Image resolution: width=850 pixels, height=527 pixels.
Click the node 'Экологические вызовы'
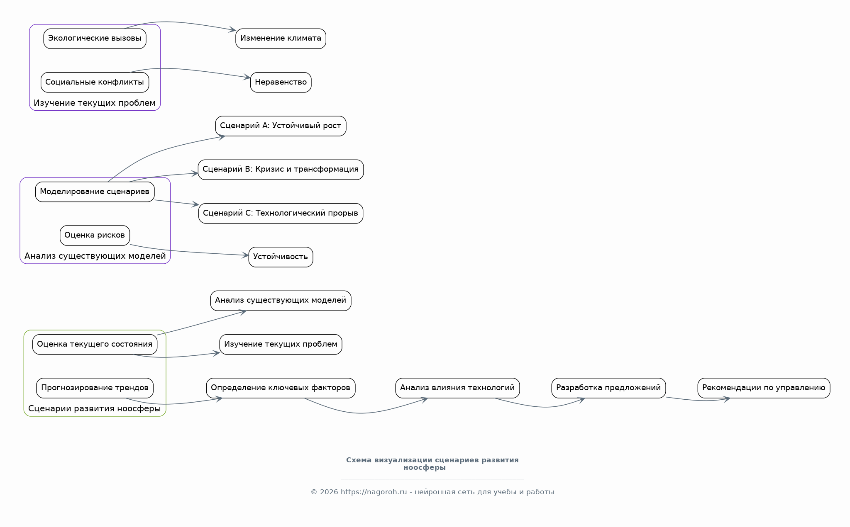click(95, 39)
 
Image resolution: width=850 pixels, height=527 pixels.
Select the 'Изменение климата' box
click(281, 39)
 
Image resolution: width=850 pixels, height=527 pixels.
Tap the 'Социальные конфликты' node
click(95, 82)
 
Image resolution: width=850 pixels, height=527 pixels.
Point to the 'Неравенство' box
click(281, 82)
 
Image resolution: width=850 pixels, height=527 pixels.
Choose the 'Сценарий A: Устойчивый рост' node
click(281, 126)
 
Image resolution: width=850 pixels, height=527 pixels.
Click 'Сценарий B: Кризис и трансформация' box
click(281, 170)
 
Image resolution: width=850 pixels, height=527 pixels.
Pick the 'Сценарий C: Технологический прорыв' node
click(281, 213)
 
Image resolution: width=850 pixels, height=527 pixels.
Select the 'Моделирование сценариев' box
click(95, 192)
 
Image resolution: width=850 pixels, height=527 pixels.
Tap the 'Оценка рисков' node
click(95, 236)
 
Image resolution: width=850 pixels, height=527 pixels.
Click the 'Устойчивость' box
click(281, 257)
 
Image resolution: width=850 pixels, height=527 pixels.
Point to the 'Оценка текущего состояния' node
click(95, 344)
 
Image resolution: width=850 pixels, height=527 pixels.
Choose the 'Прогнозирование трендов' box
click(95, 388)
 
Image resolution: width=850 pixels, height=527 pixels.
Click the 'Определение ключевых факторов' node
click(281, 388)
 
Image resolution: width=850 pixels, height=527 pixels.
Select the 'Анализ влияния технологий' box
click(457, 388)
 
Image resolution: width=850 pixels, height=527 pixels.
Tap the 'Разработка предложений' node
click(608, 388)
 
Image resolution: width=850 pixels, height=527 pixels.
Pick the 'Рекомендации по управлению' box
click(764, 388)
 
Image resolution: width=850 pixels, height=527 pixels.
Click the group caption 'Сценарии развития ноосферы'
click(95, 408)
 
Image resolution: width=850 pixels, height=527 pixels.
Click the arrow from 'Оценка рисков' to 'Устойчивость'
click(189, 252)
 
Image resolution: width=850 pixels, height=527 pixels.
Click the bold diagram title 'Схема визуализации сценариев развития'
click(432, 460)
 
